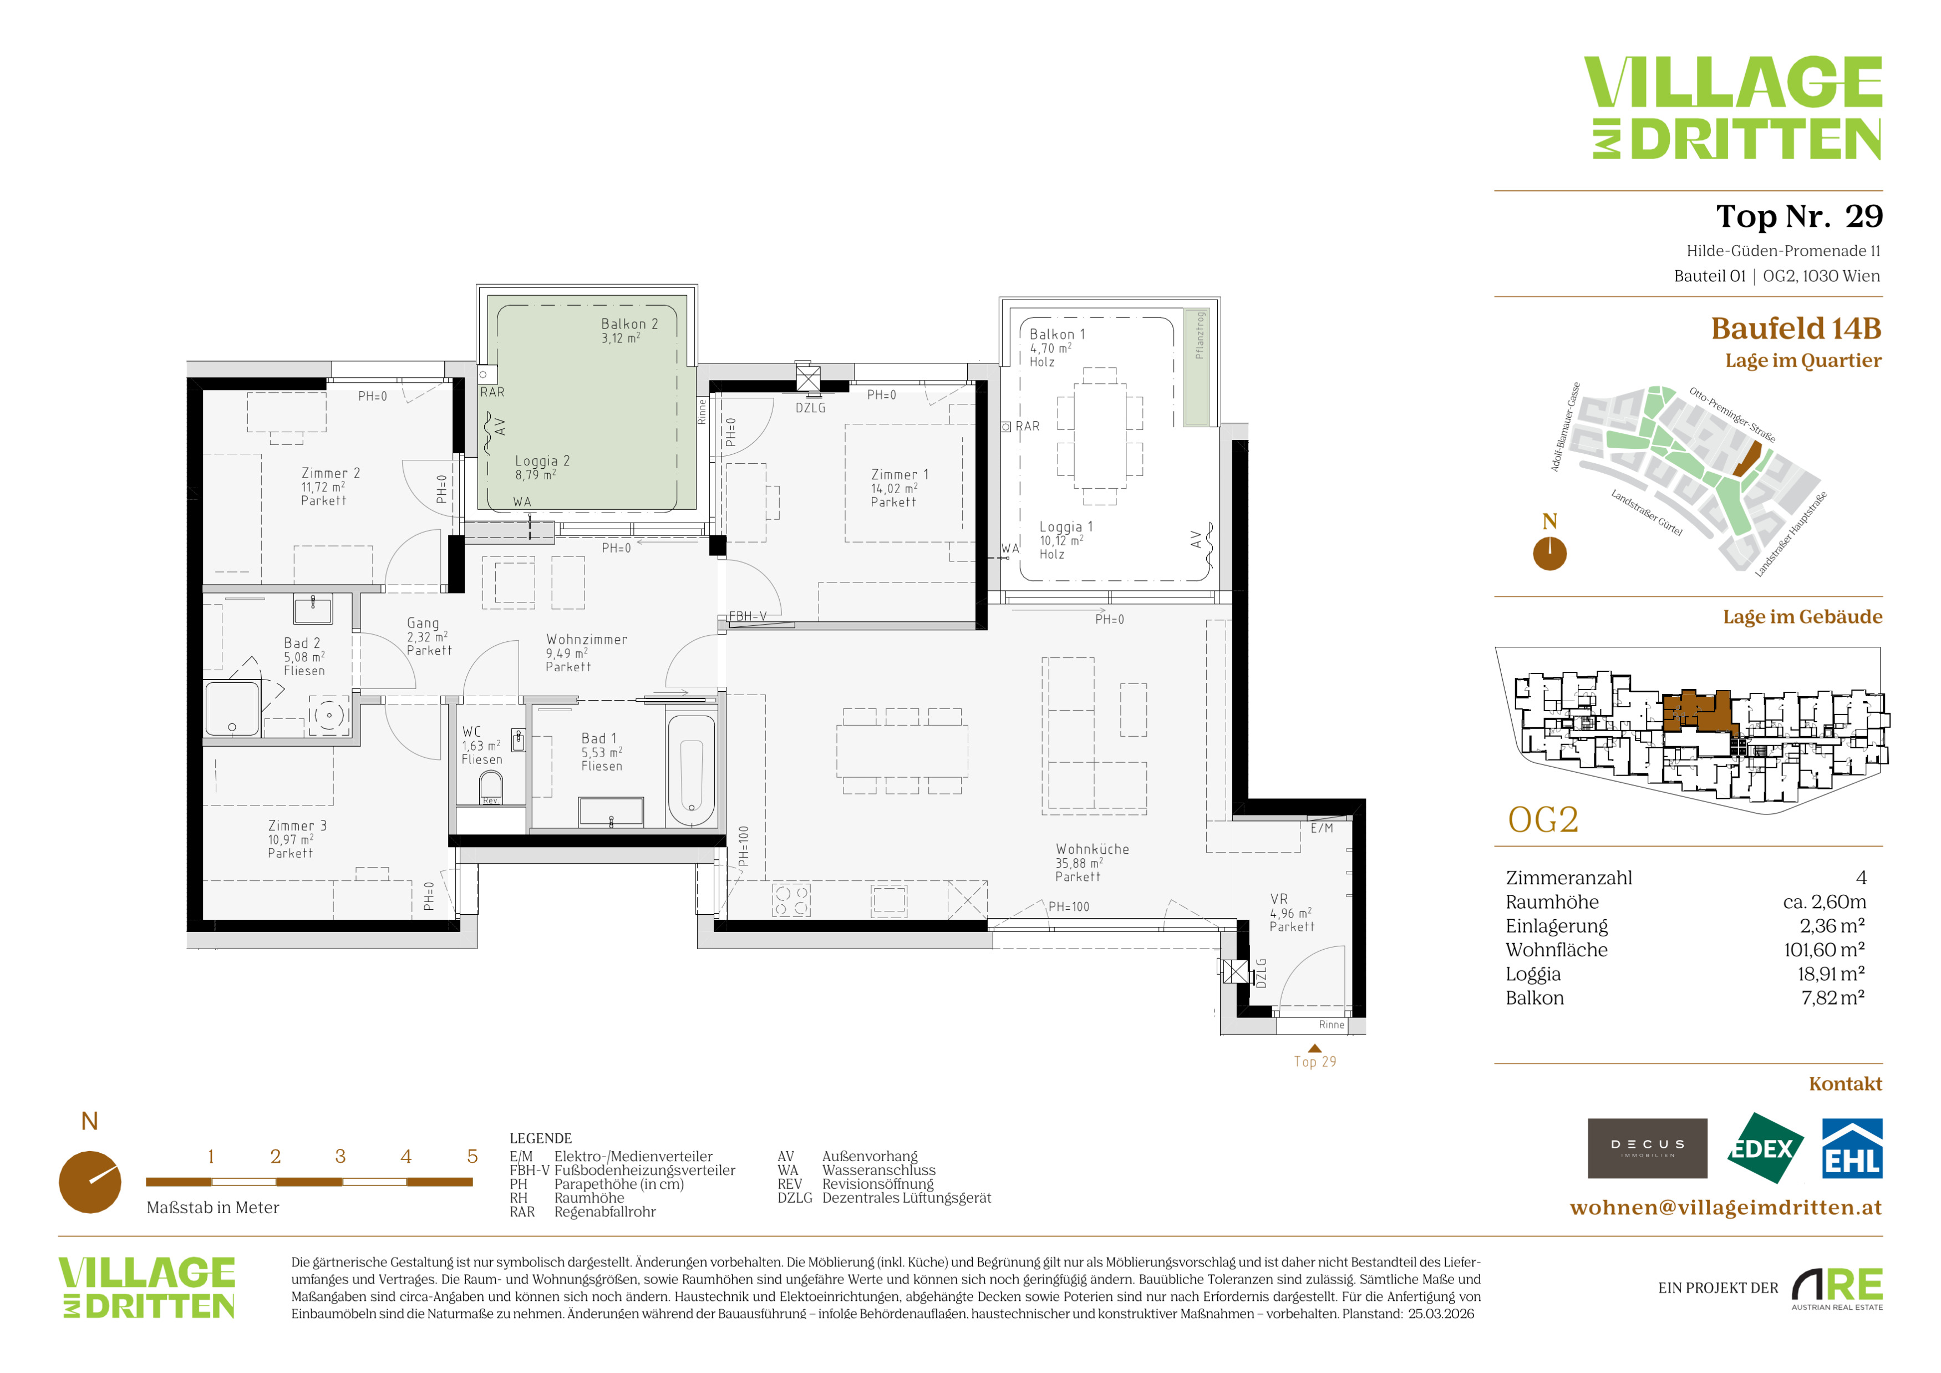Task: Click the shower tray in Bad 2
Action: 232,708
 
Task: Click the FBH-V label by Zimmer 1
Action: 748,616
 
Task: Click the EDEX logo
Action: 1764,1148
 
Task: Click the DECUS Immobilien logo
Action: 1647,1148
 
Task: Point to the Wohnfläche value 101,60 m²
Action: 1825,949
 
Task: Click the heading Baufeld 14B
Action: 1796,328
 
